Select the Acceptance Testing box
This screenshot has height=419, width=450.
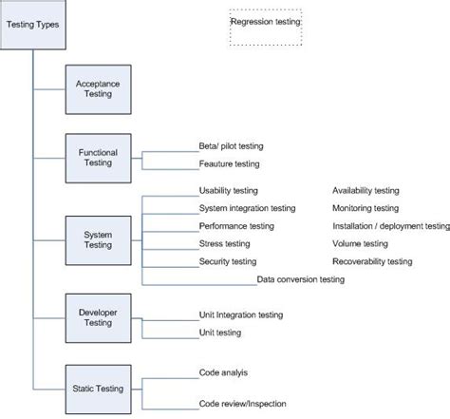(x=99, y=89)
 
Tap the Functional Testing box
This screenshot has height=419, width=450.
(x=99, y=158)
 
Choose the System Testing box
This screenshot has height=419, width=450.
(x=99, y=240)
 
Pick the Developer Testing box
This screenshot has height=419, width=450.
(x=99, y=318)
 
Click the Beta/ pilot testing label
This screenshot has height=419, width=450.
(x=231, y=146)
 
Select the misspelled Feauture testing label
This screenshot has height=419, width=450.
(x=229, y=164)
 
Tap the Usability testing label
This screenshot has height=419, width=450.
(x=230, y=191)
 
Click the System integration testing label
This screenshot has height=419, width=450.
(x=247, y=208)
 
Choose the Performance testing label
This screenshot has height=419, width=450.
(x=236, y=226)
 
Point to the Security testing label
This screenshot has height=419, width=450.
(x=228, y=261)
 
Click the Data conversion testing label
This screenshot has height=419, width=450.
(x=300, y=280)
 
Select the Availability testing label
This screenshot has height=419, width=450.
(x=366, y=191)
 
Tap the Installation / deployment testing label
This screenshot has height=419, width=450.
(x=390, y=226)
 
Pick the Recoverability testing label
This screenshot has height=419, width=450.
(x=372, y=261)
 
